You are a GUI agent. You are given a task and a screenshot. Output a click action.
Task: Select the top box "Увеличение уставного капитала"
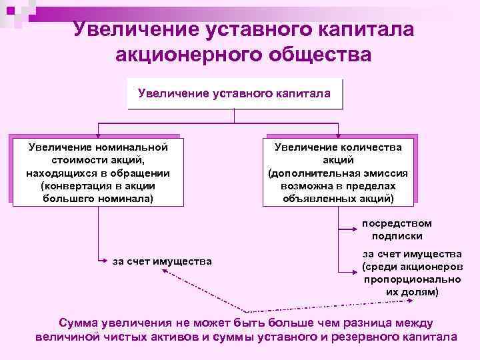pos(234,93)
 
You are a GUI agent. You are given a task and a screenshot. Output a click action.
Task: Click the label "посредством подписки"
pos(397,229)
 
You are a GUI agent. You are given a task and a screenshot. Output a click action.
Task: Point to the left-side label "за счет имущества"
pos(162,261)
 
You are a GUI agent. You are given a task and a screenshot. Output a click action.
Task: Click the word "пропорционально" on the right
pos(403,279)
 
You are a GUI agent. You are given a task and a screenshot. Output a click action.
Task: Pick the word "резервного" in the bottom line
pos(356,337)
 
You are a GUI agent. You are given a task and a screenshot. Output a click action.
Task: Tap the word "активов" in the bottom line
pos(177,337)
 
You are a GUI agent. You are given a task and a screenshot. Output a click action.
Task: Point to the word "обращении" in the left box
pos(140,173)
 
